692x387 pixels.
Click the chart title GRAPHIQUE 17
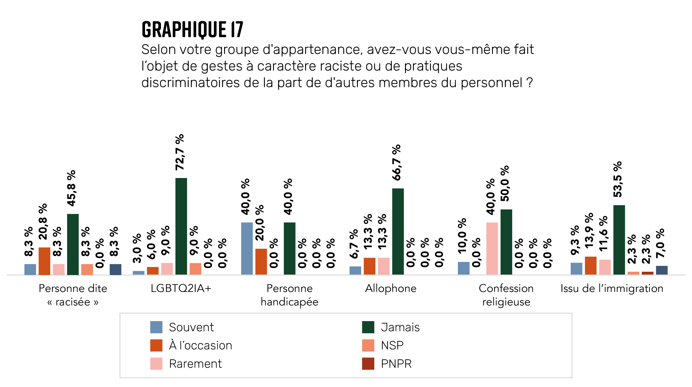click(x=192, y=29)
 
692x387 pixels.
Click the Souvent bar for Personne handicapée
click(x=247, y=248)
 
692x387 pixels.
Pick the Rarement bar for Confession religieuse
click(x=492, y=248)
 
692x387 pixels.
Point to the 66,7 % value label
click(x=397, y=163)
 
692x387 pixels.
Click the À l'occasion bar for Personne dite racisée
click(x=44, y=261)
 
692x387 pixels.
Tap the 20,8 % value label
click(x=43, y=222)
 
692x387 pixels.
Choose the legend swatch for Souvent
click(x=156, y=327)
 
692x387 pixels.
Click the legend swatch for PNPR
click(x=368, y=364)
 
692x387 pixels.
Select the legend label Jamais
click(x=400, y=327)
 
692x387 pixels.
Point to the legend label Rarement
click(x=195, y=364)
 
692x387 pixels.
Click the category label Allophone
click(x=391, y=288)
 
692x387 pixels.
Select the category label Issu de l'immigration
click(x=612, y=288)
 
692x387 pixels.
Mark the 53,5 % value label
click(x=618, y=179)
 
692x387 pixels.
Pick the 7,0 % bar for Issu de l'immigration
click(x=662, y=270)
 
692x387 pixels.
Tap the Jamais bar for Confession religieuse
click(x=506, y=242)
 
